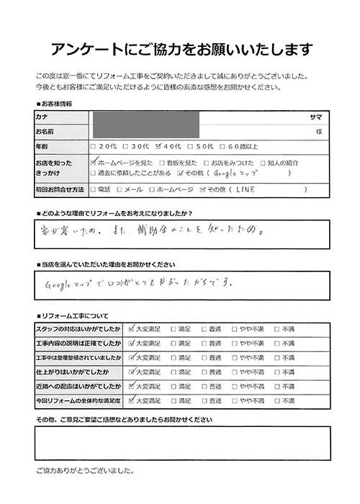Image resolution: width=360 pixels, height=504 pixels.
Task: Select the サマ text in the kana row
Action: click(315, 117)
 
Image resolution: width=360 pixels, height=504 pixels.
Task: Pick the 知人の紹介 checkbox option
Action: click(264, 163)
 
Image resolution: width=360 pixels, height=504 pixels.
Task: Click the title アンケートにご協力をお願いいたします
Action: click(180, 50)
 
